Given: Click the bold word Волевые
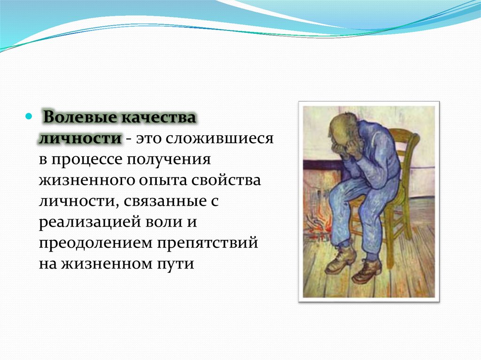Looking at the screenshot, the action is (79, 117).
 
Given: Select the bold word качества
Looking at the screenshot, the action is (157, 117).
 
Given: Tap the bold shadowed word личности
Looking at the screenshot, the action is (80, 138).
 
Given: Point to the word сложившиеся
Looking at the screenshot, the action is (220, 138).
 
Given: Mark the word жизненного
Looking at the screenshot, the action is (87, 180).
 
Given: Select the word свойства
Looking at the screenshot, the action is (226, 180).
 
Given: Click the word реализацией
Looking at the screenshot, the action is (90, 222).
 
